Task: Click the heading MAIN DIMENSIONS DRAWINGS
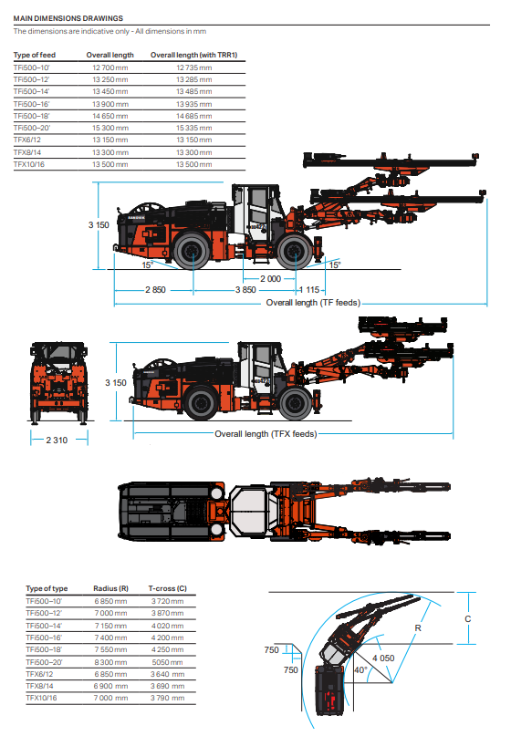[68, 18]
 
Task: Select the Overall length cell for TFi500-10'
[109, 67]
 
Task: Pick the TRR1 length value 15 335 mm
[194, 128]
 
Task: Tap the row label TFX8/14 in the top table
[28, 152]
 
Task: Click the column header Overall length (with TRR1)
[194, 55]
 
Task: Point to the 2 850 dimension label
[155, 290]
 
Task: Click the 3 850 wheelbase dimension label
[245, 290]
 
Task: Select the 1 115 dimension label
[309, 290]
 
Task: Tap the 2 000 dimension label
[270, 279]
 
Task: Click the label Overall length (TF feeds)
[313, 303]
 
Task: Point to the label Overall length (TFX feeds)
[266, 434]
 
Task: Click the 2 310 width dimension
[57, 440]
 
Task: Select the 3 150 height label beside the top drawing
[99, 225]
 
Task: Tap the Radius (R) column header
[110, 588]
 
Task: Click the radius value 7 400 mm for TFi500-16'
[110, 638]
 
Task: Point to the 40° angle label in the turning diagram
[360, 669]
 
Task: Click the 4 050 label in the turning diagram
[383, 658]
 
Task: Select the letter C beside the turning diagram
[468, 619]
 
